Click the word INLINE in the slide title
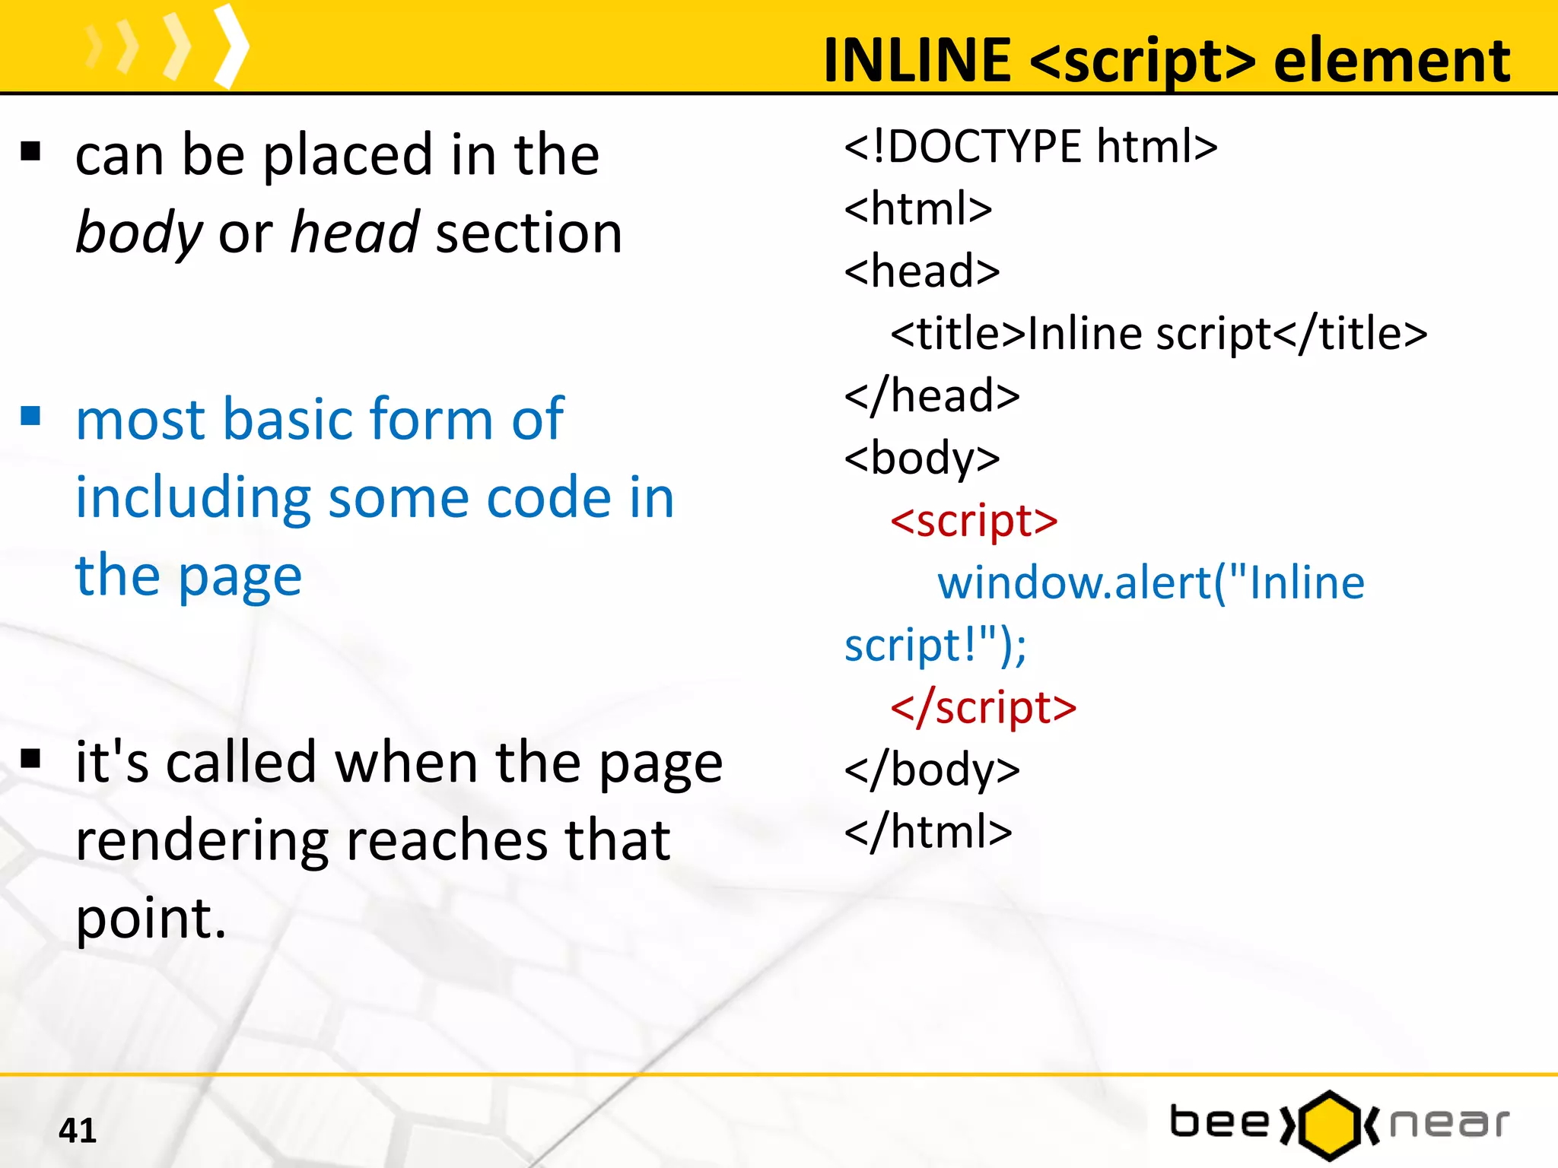click(917, 61)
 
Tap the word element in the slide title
click(1391, 61)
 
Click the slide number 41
click(78, 1130)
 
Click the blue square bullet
click(30, 416)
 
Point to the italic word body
click(139, 232)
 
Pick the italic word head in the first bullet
click(355, 232)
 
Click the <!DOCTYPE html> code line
click(1030, 146)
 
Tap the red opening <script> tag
click(974, 521)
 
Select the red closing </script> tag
click(983, 708)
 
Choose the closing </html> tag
click(928, 832)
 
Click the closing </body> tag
click(932, 770)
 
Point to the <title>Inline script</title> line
click(1159, 334)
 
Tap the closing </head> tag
click(932, 396)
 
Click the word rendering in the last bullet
click(202, 841)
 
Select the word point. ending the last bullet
click(151, 919)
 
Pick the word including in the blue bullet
click(192, 498)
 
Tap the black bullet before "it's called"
click(30, 758)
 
